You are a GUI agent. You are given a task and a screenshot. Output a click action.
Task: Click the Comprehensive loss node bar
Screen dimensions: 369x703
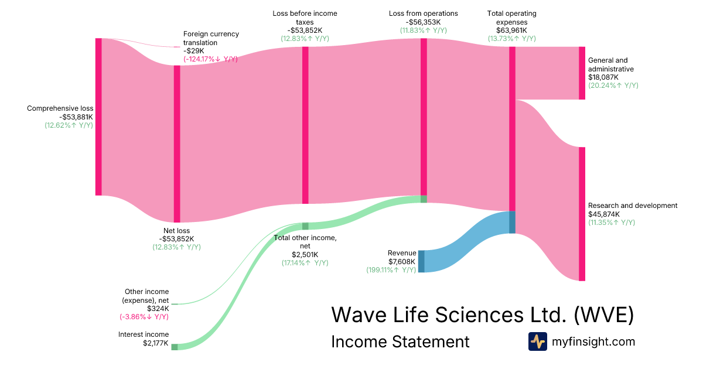tap(98, 117)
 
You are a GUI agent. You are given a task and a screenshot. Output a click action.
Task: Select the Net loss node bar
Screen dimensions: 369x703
tap(177, 143)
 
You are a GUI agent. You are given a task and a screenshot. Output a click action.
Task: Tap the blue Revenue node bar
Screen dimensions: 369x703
tap(421, 261)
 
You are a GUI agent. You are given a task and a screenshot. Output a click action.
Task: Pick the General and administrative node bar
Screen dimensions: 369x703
tap(582, 73)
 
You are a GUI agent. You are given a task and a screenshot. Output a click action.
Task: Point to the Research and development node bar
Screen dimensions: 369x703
tap(582, 214)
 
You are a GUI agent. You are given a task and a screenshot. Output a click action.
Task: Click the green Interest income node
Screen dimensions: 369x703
tap(175, 347)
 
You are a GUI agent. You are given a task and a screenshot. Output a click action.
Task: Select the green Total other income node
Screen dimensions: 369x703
tap(305, 226)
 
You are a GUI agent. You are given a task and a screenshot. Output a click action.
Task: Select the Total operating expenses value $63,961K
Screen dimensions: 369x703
tap(511, 30)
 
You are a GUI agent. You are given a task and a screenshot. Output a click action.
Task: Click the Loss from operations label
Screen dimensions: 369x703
tap(424, 13)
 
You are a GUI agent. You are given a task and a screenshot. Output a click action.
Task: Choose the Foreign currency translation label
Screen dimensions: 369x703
tap(211, 38)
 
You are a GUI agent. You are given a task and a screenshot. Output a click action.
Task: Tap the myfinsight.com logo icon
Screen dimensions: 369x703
tap(537, 341)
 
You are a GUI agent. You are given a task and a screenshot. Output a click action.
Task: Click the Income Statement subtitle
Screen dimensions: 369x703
tap(400, 341)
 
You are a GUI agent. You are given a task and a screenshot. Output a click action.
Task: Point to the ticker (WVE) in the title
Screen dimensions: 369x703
tap(603, 315)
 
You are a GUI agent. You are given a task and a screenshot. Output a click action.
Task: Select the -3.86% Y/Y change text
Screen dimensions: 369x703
tap(144, 317)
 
